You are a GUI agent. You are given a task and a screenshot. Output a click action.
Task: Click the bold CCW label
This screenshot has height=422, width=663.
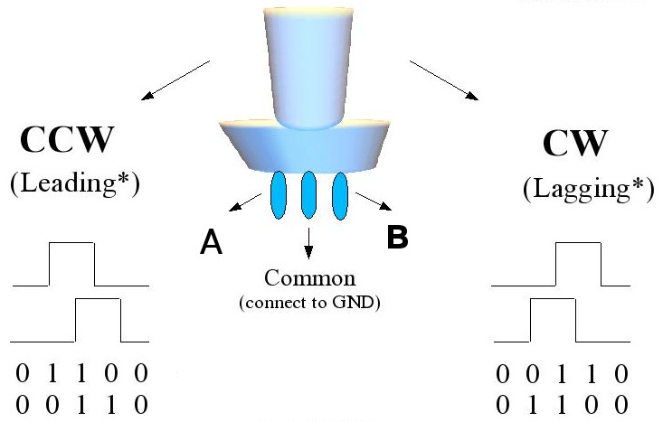click(x=68, y=142)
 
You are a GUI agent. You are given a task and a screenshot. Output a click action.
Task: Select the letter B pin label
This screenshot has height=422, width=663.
click(x=398, y=238)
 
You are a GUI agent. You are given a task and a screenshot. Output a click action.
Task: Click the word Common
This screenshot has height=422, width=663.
click(x=309, y=277)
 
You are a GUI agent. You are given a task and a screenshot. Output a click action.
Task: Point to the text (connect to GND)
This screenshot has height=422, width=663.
click(x=309, y=302)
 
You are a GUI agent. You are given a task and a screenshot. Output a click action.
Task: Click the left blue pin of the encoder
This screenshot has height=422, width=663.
click(x=278, y=194)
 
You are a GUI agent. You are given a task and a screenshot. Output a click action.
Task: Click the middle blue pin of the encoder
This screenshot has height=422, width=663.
click(x=308, y=194)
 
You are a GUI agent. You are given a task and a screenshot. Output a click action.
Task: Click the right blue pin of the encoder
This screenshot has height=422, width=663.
click(x=341, y=195)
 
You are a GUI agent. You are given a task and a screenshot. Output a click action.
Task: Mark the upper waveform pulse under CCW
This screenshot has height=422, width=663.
click(x=71, y=262)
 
